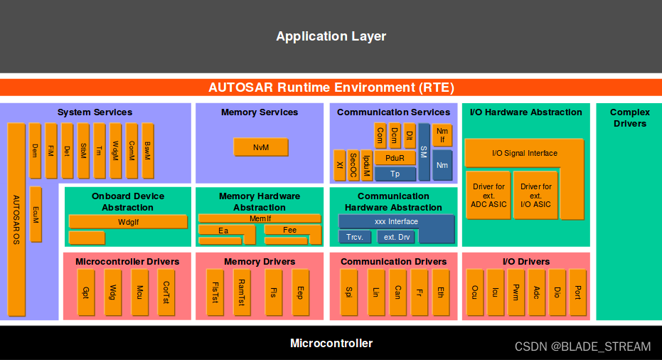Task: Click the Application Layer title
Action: (331, 36)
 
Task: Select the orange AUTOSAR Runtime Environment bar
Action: (331, 88)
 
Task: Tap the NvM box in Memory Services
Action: (260, 147)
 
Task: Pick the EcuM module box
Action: (36, 215)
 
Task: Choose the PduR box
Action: (395, 159)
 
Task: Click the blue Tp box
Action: (395, 174)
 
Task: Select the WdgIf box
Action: (127, 222)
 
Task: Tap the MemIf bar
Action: (260, 218)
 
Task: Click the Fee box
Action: (290, 230)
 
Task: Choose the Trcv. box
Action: (354, 238)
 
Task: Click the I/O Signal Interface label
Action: (525, 153)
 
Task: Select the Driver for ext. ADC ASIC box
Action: (489, 195)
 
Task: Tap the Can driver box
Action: (397, 292)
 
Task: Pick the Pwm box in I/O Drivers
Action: (516, 292)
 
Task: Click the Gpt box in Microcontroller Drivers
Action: (86, 292)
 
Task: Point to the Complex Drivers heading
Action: (629, 117)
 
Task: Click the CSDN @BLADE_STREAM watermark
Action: (582, 347)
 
